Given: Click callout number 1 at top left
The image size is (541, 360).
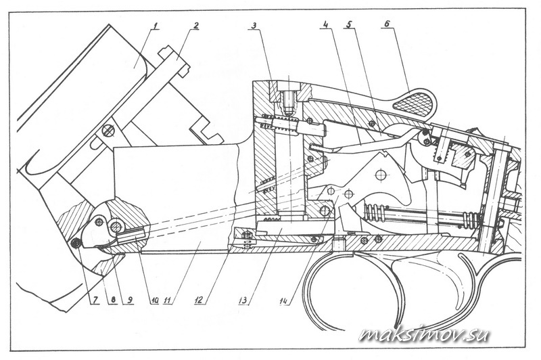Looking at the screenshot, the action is click(156, 26).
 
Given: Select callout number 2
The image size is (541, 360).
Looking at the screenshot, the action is click(196, 25).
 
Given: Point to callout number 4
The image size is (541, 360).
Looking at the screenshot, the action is click(325, 25).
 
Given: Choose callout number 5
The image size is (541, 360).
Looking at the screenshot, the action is click(349, 25).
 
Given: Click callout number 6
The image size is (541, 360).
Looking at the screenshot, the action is click(387, 25).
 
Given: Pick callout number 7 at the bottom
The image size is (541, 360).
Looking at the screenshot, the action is click(93, 300).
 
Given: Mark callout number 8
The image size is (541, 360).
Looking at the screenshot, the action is click(112, 300).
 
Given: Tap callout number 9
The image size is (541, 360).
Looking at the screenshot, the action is click(128, 300).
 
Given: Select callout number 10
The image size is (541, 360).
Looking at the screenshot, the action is click(154, 300).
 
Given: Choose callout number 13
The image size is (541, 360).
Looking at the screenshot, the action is click(244, 300).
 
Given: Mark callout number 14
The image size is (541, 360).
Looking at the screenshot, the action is click(285, 300).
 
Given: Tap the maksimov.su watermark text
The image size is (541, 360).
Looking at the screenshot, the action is click(424, 334).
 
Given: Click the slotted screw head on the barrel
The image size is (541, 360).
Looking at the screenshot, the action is click(108, 131).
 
